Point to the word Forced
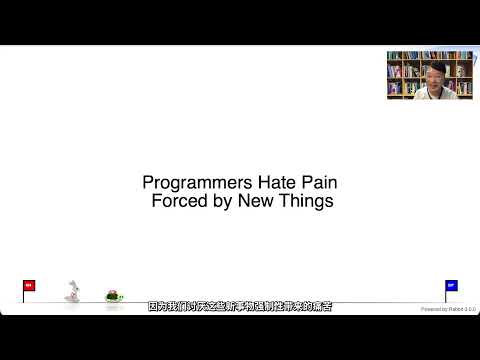pos(177,200)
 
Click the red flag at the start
pos(28,285)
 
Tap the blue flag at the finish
pos(451,285)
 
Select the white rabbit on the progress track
pos(72,292)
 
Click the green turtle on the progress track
pos(114,295)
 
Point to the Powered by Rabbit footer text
pos(447,309)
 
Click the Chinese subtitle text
pos(240,307)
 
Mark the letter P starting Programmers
pos(148,183)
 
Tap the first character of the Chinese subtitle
pos(153,307)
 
